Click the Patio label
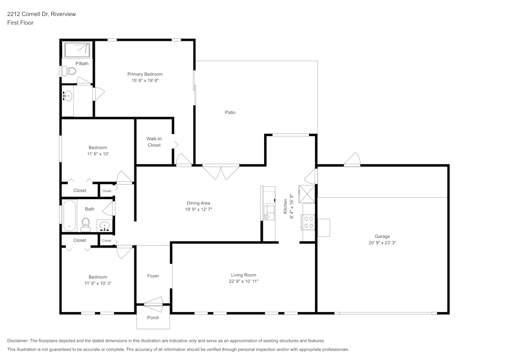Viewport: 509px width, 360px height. (230, 113)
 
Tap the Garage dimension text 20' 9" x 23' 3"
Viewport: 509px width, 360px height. (382, 243)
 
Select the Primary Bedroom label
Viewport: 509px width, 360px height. (145, 74)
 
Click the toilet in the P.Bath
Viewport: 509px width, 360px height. (69, 72)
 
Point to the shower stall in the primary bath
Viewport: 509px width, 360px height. (77, 50)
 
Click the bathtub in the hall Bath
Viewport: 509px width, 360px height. (69, 216)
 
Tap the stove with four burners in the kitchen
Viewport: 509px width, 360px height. (308, 221)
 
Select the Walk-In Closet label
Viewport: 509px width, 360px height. (154, 142)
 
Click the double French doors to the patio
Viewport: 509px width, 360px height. (221, 172)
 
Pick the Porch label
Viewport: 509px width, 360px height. (153, 318)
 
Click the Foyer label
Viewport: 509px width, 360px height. (153, 276)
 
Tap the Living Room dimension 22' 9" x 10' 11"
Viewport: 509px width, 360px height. (243, 282)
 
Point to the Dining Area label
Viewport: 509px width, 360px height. (198, 203)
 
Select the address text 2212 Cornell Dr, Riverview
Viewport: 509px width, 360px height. (41, 14)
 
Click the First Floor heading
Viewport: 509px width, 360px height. (20, 23)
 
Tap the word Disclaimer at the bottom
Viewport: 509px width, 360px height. (18, 340)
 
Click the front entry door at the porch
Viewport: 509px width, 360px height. (153, 305)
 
